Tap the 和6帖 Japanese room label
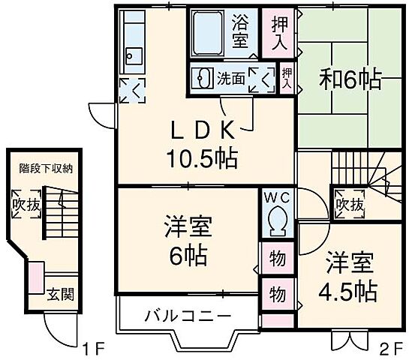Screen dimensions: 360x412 point(351,78)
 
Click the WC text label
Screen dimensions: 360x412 point(277,197)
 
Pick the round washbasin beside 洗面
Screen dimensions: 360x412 point(201,77)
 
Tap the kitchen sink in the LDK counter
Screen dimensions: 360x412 point(134,55)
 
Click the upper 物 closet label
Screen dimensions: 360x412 point(277,259)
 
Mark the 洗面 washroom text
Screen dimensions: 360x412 point(230,77)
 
